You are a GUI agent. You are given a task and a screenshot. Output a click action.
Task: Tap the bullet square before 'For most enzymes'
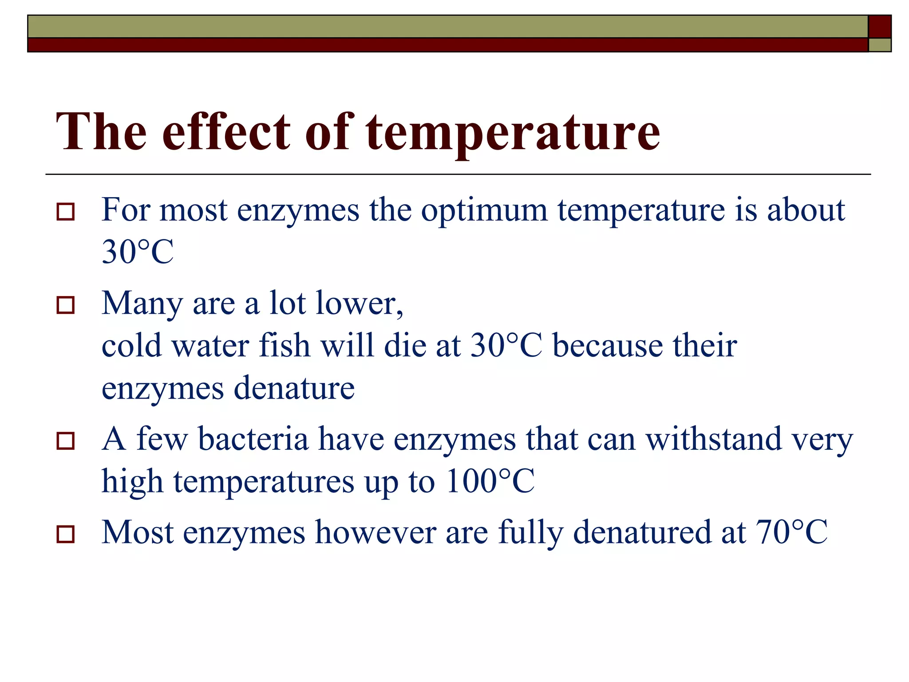click(x=66, y=212)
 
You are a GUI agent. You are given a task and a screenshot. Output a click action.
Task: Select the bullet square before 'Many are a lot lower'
click(x=66, y=305)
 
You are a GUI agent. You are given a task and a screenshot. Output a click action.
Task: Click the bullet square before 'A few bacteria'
click(x=66, y=441)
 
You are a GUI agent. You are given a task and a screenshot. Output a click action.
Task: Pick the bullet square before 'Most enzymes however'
click(x=66, y=534)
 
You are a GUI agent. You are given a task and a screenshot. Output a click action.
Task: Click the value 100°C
click(x=490, y=481)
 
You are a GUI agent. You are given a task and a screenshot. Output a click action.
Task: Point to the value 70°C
click(x=791, y=532)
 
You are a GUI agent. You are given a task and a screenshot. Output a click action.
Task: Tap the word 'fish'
click(x=284, y=345)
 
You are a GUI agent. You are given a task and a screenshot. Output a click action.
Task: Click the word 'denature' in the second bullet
click(x=294, y=388)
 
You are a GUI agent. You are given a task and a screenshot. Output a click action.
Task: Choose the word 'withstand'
click(x=713, y=439)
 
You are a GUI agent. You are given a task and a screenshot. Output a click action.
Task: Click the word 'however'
click(x=375, y=532)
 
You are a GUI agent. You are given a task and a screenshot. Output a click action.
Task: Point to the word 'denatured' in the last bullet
click(x=642, y=532)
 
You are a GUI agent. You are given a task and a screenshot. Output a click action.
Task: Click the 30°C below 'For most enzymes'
click(x=138, y=252)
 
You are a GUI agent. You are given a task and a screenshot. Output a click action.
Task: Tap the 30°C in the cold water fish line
click(x=506, y=345)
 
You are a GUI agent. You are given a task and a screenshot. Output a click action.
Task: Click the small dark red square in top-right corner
click(x=879, y=26)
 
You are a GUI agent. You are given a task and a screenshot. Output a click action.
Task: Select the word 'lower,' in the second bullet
click(x=359, y=304)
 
